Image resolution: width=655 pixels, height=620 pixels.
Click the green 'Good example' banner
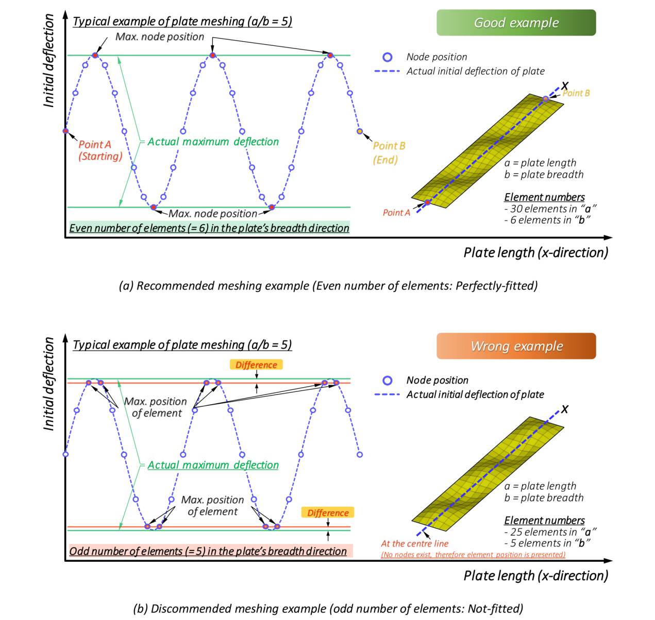click(x=516, y=23)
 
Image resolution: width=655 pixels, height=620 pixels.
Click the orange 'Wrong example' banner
click(x=516, y=346)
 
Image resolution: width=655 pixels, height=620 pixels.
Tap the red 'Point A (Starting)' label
click(x=100, y=150)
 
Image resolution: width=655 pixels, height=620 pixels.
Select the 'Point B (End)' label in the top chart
click(x=389, y=153)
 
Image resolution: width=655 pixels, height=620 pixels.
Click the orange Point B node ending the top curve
click(x=360, y=131)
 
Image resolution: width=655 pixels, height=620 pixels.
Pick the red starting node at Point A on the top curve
click(x=65, y=131)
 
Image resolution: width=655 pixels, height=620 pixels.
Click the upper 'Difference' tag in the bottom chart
click(x=256, y=365)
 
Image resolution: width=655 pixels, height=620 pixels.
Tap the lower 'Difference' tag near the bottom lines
click(x=328, y=512)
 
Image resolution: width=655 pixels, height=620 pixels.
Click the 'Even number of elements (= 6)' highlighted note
click(x=209, y=228)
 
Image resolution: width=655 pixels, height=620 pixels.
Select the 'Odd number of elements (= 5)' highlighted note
click(x=211, y=551)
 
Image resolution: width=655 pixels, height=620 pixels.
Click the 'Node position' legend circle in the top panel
click(x=387, y=57)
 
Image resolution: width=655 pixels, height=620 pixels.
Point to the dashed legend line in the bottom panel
click(x=387, y=394)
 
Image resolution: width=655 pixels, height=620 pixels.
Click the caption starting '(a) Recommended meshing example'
click(x=328, y=286)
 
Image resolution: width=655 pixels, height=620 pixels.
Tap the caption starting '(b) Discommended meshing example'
click(x=328, y=608)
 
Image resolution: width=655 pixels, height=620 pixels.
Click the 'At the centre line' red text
click(x=414, y=543)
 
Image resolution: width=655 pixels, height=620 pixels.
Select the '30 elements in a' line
click(x=550, y=209)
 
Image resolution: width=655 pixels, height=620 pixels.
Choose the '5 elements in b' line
click(x=547, y=543)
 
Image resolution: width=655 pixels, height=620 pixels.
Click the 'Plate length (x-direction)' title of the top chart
click(x=536, y=252)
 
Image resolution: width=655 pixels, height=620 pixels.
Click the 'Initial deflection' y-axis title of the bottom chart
click(x=49, y=384)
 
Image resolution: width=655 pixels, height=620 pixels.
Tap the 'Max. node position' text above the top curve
click(x=160, y=37)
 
